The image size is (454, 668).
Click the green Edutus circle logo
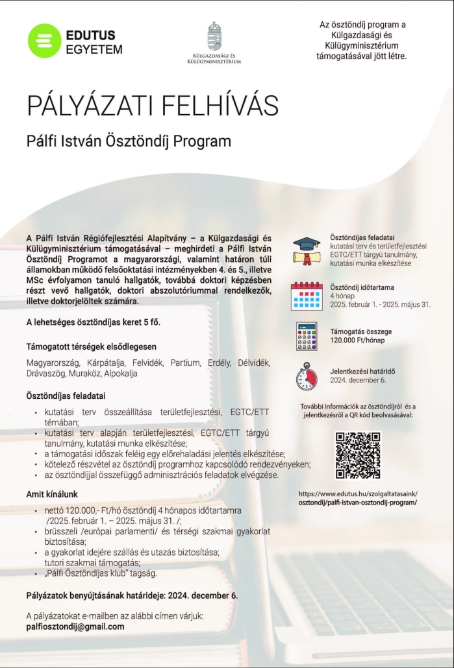click(44, 40)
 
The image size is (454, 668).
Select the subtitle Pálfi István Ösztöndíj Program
click(129, 140)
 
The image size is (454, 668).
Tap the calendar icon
click(306, 295)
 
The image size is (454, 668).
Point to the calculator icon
click(306, 336)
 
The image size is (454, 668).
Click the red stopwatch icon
click(306, 376)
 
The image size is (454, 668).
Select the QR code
click(358, 455)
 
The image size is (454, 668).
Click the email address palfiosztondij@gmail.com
click(75, 626)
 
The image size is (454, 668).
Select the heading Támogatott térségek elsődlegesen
click(91, 346)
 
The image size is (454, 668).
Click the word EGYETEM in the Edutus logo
click(94, 49)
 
